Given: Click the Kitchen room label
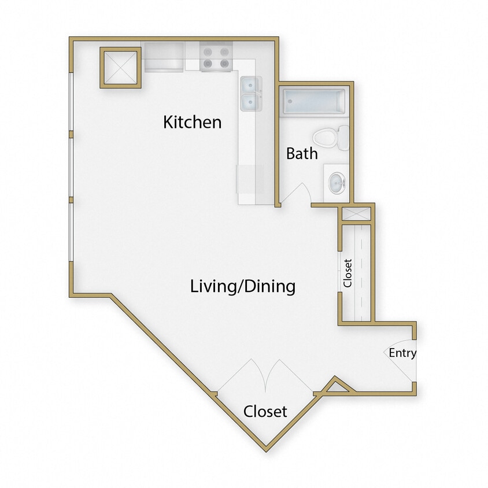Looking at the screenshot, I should pyautogui.click(x=192, y=122).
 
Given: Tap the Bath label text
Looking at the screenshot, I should pyautogui.click(x=302, y=153).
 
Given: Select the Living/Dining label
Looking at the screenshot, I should pyautogui.click(x=243, y=286).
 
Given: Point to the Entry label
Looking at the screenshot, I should pyautogui.click(x=402, y=353).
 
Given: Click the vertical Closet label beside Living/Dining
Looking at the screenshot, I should pyautogui.click(x=347, y=273).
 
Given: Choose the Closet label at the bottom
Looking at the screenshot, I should pyautogui.click(x=265, y=411).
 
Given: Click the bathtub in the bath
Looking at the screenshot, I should pyautogui.click(x=313, y=102).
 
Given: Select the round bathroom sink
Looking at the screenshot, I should pyautogui.click(x=336, y=184).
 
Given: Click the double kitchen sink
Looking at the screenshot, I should pyautogui.click(x=250, y=94).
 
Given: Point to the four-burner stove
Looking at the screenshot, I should pyautogui.click(x=216, y=56).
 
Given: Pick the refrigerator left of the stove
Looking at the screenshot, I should pyautogui.click(x=163, y=57).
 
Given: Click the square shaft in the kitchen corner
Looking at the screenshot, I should pyautogui.click(x=120, y=67).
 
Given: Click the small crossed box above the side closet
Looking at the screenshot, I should pyautogui.click(x=354, y=212).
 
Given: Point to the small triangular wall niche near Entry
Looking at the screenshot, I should pyautogui.click(x=337, y=387).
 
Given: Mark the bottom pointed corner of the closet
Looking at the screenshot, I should pyautogui.click(x=266, y=446).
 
